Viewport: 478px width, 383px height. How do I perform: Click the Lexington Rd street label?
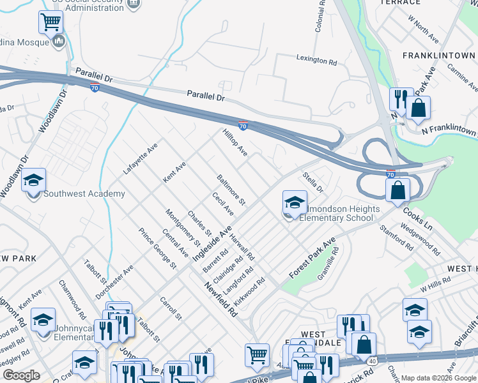click(x=316, y=61)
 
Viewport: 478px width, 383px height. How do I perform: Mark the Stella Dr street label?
click(x=314, y=181)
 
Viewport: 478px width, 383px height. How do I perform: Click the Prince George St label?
click(x=157, y=248)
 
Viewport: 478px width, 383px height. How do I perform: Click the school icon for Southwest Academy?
click(x=34, y=181)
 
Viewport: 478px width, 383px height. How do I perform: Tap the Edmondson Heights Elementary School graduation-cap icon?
click(x=294, y=203)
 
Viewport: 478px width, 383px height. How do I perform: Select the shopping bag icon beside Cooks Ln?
click(x=397, y=190)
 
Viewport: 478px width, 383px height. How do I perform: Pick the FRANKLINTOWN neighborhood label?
click(x=438, y=56)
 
